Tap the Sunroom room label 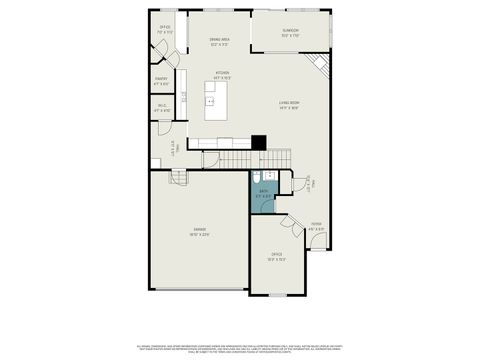click(x=291, y=32)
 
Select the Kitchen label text click(x=223, y=73)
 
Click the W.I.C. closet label click(x=161, y=105)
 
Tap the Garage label click(x=200, y=230)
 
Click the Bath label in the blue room click(x=263, y=191)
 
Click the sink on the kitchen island click(x=210, y=98)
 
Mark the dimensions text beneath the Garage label click(x=200, y=235)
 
